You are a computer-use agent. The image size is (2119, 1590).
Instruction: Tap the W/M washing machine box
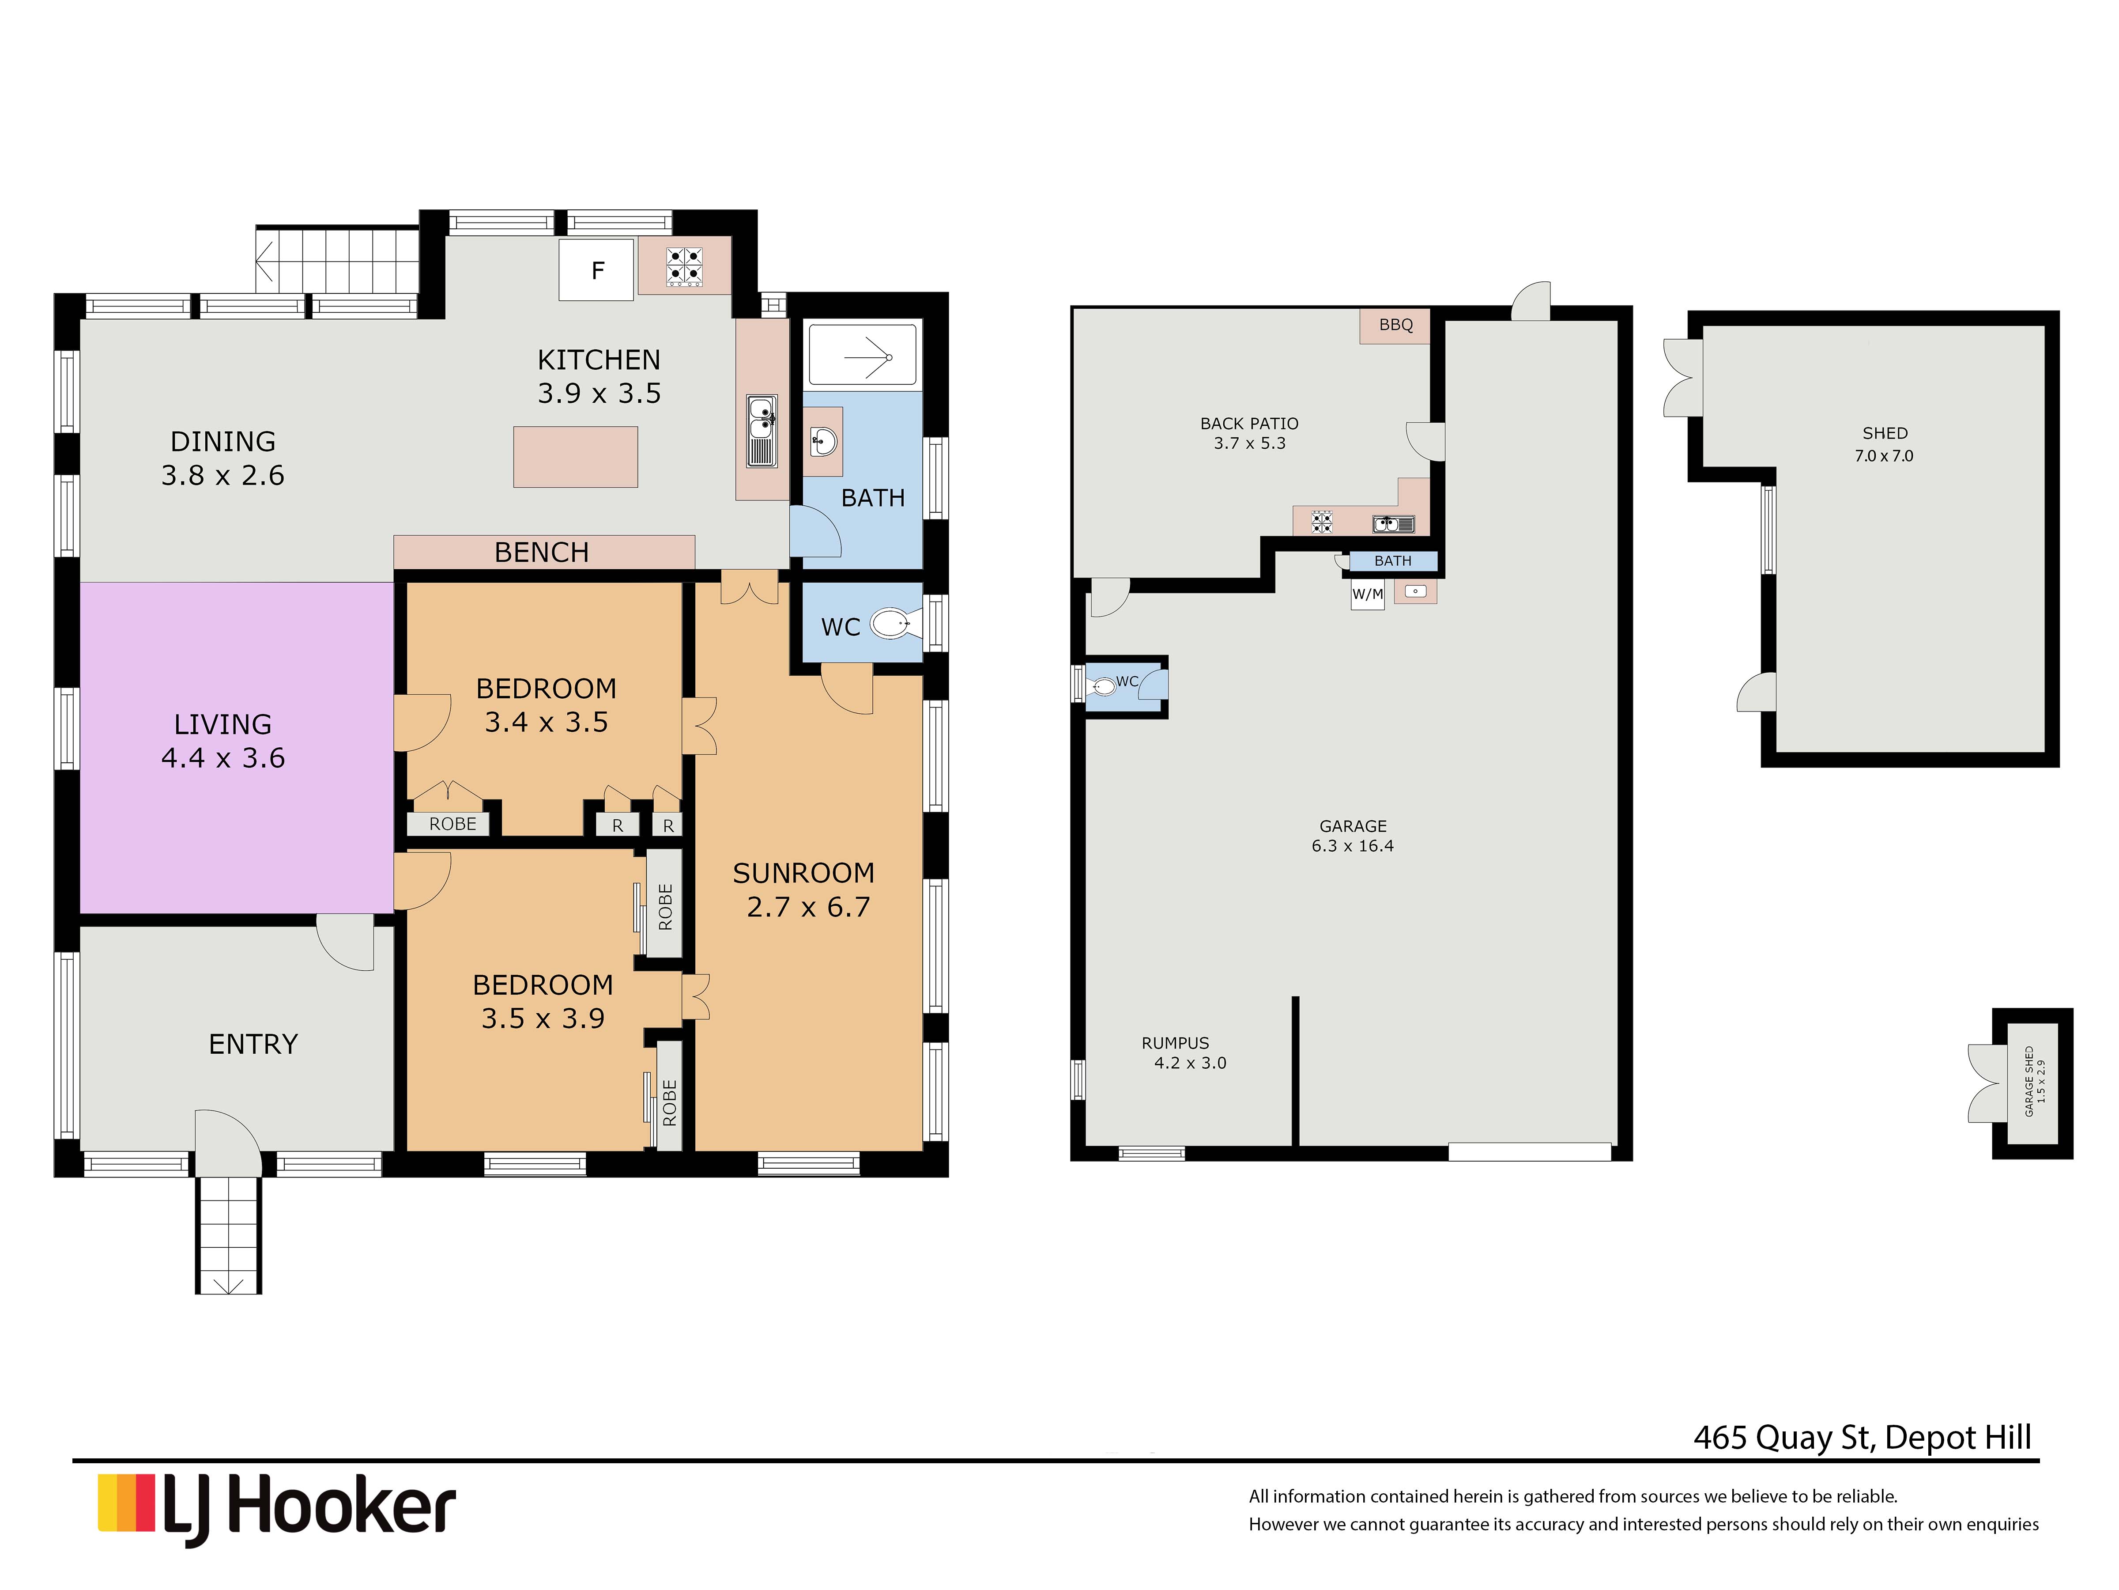1367,594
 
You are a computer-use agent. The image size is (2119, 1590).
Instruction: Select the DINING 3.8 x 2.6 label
223,458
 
